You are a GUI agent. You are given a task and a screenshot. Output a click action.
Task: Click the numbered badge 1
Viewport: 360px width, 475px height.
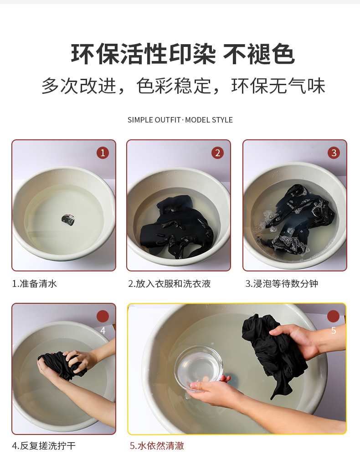pyautogui.click(x=103, y=153)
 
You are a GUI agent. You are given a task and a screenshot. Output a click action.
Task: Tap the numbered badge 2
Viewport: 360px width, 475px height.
pyautogui.click(x=217, y=153)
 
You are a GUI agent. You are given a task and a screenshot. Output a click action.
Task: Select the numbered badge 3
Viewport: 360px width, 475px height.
pyautogui.click(x=334, y=153)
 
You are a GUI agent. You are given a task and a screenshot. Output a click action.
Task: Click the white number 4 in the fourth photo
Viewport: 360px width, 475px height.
pyautogui.click(x=103, y=331)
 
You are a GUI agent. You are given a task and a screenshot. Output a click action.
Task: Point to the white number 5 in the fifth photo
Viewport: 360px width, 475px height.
pyautogui.click(x=334, y=331)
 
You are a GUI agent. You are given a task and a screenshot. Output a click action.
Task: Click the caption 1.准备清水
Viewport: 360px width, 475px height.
pyautogui.click(x=35, y=284)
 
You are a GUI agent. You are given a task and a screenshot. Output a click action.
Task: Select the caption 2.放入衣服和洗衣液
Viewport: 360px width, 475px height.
pyautogui.click(x=169, y=284)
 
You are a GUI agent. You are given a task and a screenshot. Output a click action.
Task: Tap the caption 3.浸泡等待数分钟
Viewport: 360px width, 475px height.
pyautogui.click(x=282, y=284)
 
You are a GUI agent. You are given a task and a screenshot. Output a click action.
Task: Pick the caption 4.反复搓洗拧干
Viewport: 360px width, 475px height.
pyautogui.click(x=44, y=446)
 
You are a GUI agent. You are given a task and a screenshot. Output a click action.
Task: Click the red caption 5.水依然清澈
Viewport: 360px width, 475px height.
pyautogui.click(x=157, y=446)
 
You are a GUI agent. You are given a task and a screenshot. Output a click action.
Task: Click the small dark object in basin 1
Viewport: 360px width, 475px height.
pyautogui.click(x=68, y=220)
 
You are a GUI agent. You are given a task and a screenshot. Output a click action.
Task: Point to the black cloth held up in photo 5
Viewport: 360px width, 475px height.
pyautogui.click(x=273, y=352)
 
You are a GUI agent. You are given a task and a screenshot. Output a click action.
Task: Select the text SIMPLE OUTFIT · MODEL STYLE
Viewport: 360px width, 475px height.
pyautogui.click(x=180, y=120)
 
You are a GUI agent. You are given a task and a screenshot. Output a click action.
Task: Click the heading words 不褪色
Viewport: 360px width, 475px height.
pyautogui.click(x=259, y=54)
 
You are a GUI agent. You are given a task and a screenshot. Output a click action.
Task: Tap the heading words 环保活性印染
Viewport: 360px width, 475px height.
pyautogui.click(x=144, y=54)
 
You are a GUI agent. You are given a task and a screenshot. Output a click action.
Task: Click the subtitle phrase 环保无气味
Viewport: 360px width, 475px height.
pyautogui.click(x=278, y=86)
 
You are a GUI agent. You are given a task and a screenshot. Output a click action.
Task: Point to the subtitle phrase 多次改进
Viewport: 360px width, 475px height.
pyautogui.click(x=79, y=86)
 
